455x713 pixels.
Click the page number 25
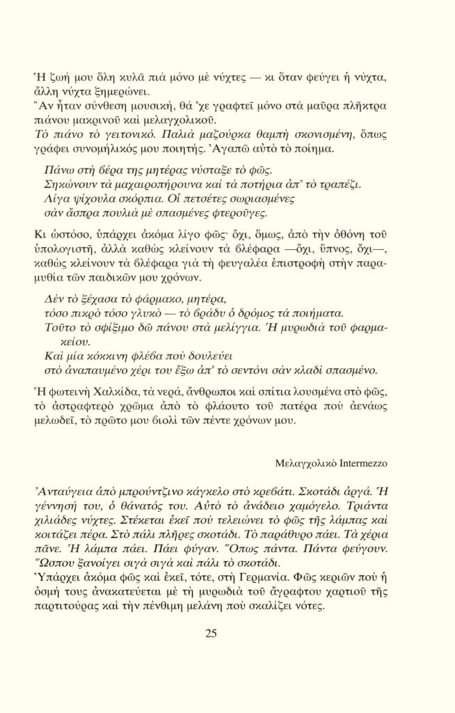[x=211, y=632]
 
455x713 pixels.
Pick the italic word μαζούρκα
[x=202, y=134]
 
